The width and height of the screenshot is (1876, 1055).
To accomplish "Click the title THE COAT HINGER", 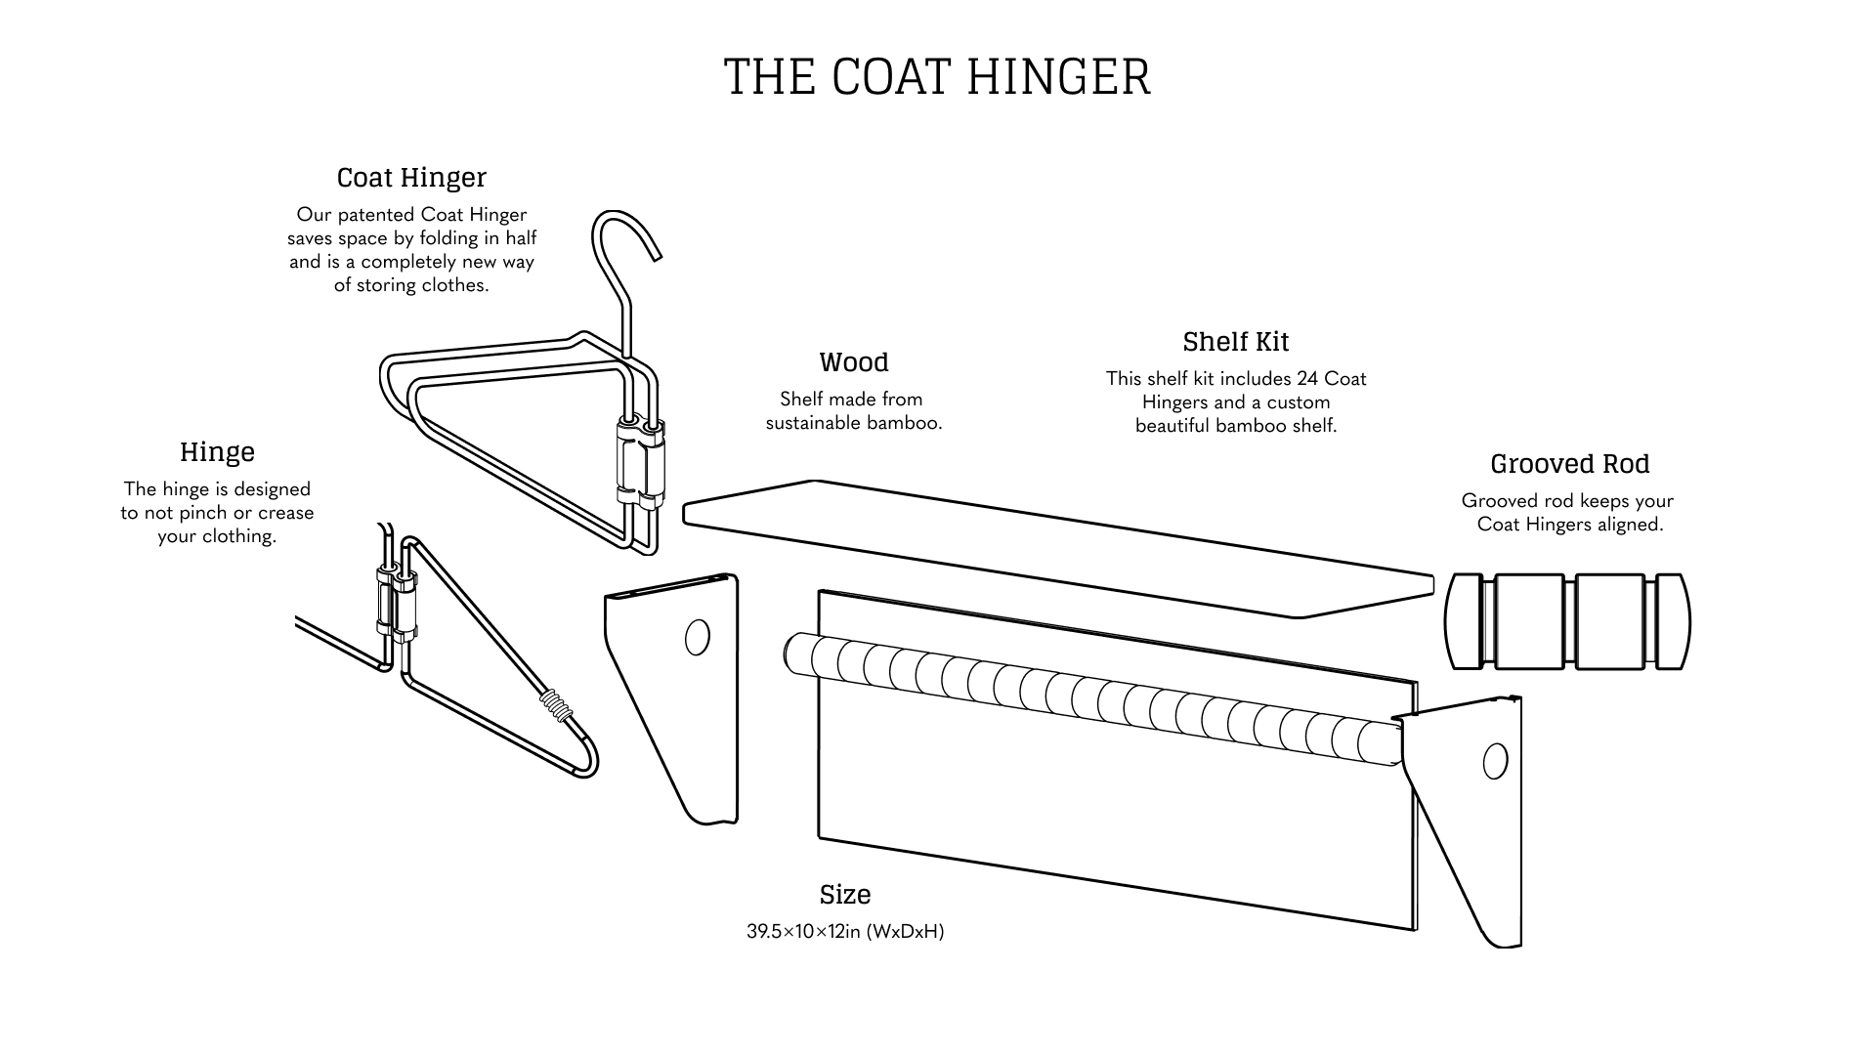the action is click(937, 76).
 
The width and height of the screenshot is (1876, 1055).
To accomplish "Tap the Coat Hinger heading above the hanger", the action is click(411, 177).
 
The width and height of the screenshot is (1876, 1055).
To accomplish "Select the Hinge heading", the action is click(217, 451).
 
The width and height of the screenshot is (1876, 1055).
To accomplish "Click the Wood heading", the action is click(854, 361).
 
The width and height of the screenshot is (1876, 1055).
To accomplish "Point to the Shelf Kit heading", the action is click(1236, 341).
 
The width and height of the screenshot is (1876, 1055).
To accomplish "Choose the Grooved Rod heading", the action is click(1569, 463).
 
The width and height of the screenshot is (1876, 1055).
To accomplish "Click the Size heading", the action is click(845, 894).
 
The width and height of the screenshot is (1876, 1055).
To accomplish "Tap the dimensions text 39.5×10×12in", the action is click(803, 931).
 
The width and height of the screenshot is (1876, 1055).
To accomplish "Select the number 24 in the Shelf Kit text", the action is click(1307, 378).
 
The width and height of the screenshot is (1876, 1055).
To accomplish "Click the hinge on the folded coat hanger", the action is click(640, 464).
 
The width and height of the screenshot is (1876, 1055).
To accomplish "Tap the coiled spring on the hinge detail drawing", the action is click(555, 705).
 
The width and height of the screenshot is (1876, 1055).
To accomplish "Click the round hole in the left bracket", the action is click(698, 637).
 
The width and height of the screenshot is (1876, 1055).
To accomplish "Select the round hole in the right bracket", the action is click(1495, 760).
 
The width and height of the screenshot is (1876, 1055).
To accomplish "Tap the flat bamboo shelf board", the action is click(1058, 547).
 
